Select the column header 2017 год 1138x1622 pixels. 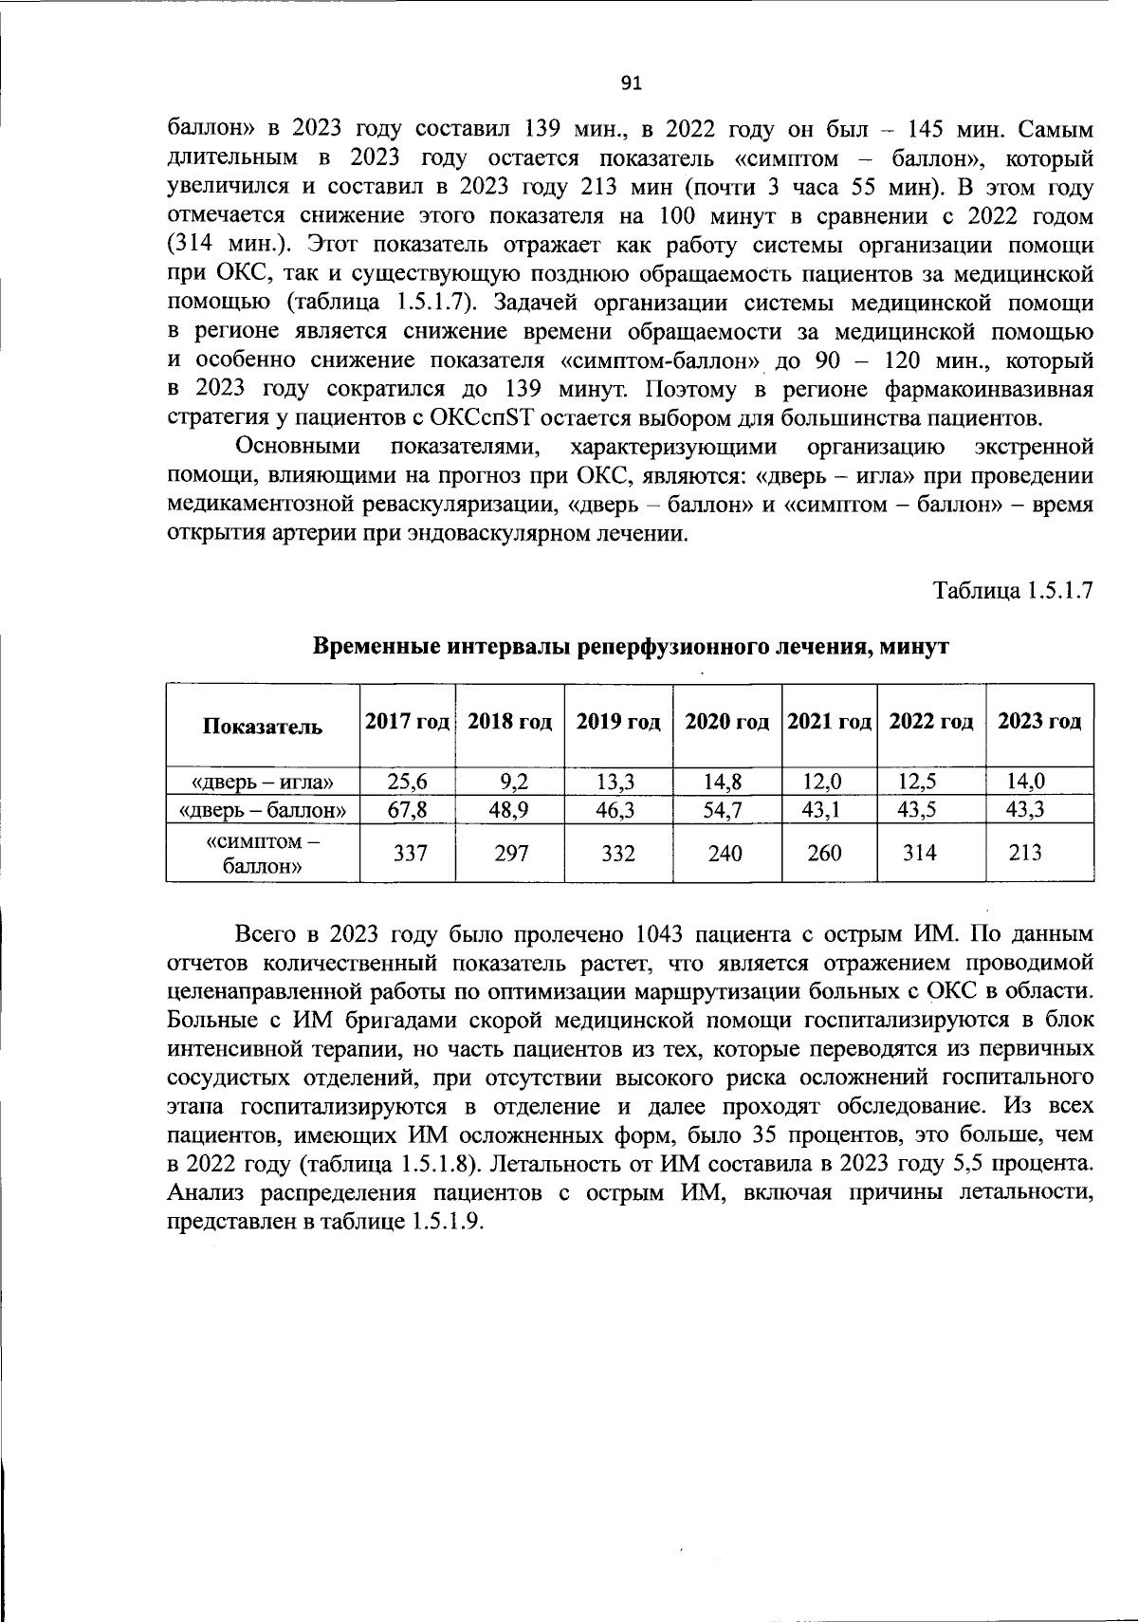click(407, 722)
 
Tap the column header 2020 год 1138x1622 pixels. click(726, 722)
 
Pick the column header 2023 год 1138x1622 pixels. click(1039, 722)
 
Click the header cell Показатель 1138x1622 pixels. click(262, 727)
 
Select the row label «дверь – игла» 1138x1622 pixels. click(263, 783)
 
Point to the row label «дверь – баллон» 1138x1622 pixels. click(263, 810)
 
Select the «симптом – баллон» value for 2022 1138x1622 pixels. click(919, 853)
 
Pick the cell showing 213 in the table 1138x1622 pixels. click(1025, 853)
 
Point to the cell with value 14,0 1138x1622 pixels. click(1026, 783)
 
